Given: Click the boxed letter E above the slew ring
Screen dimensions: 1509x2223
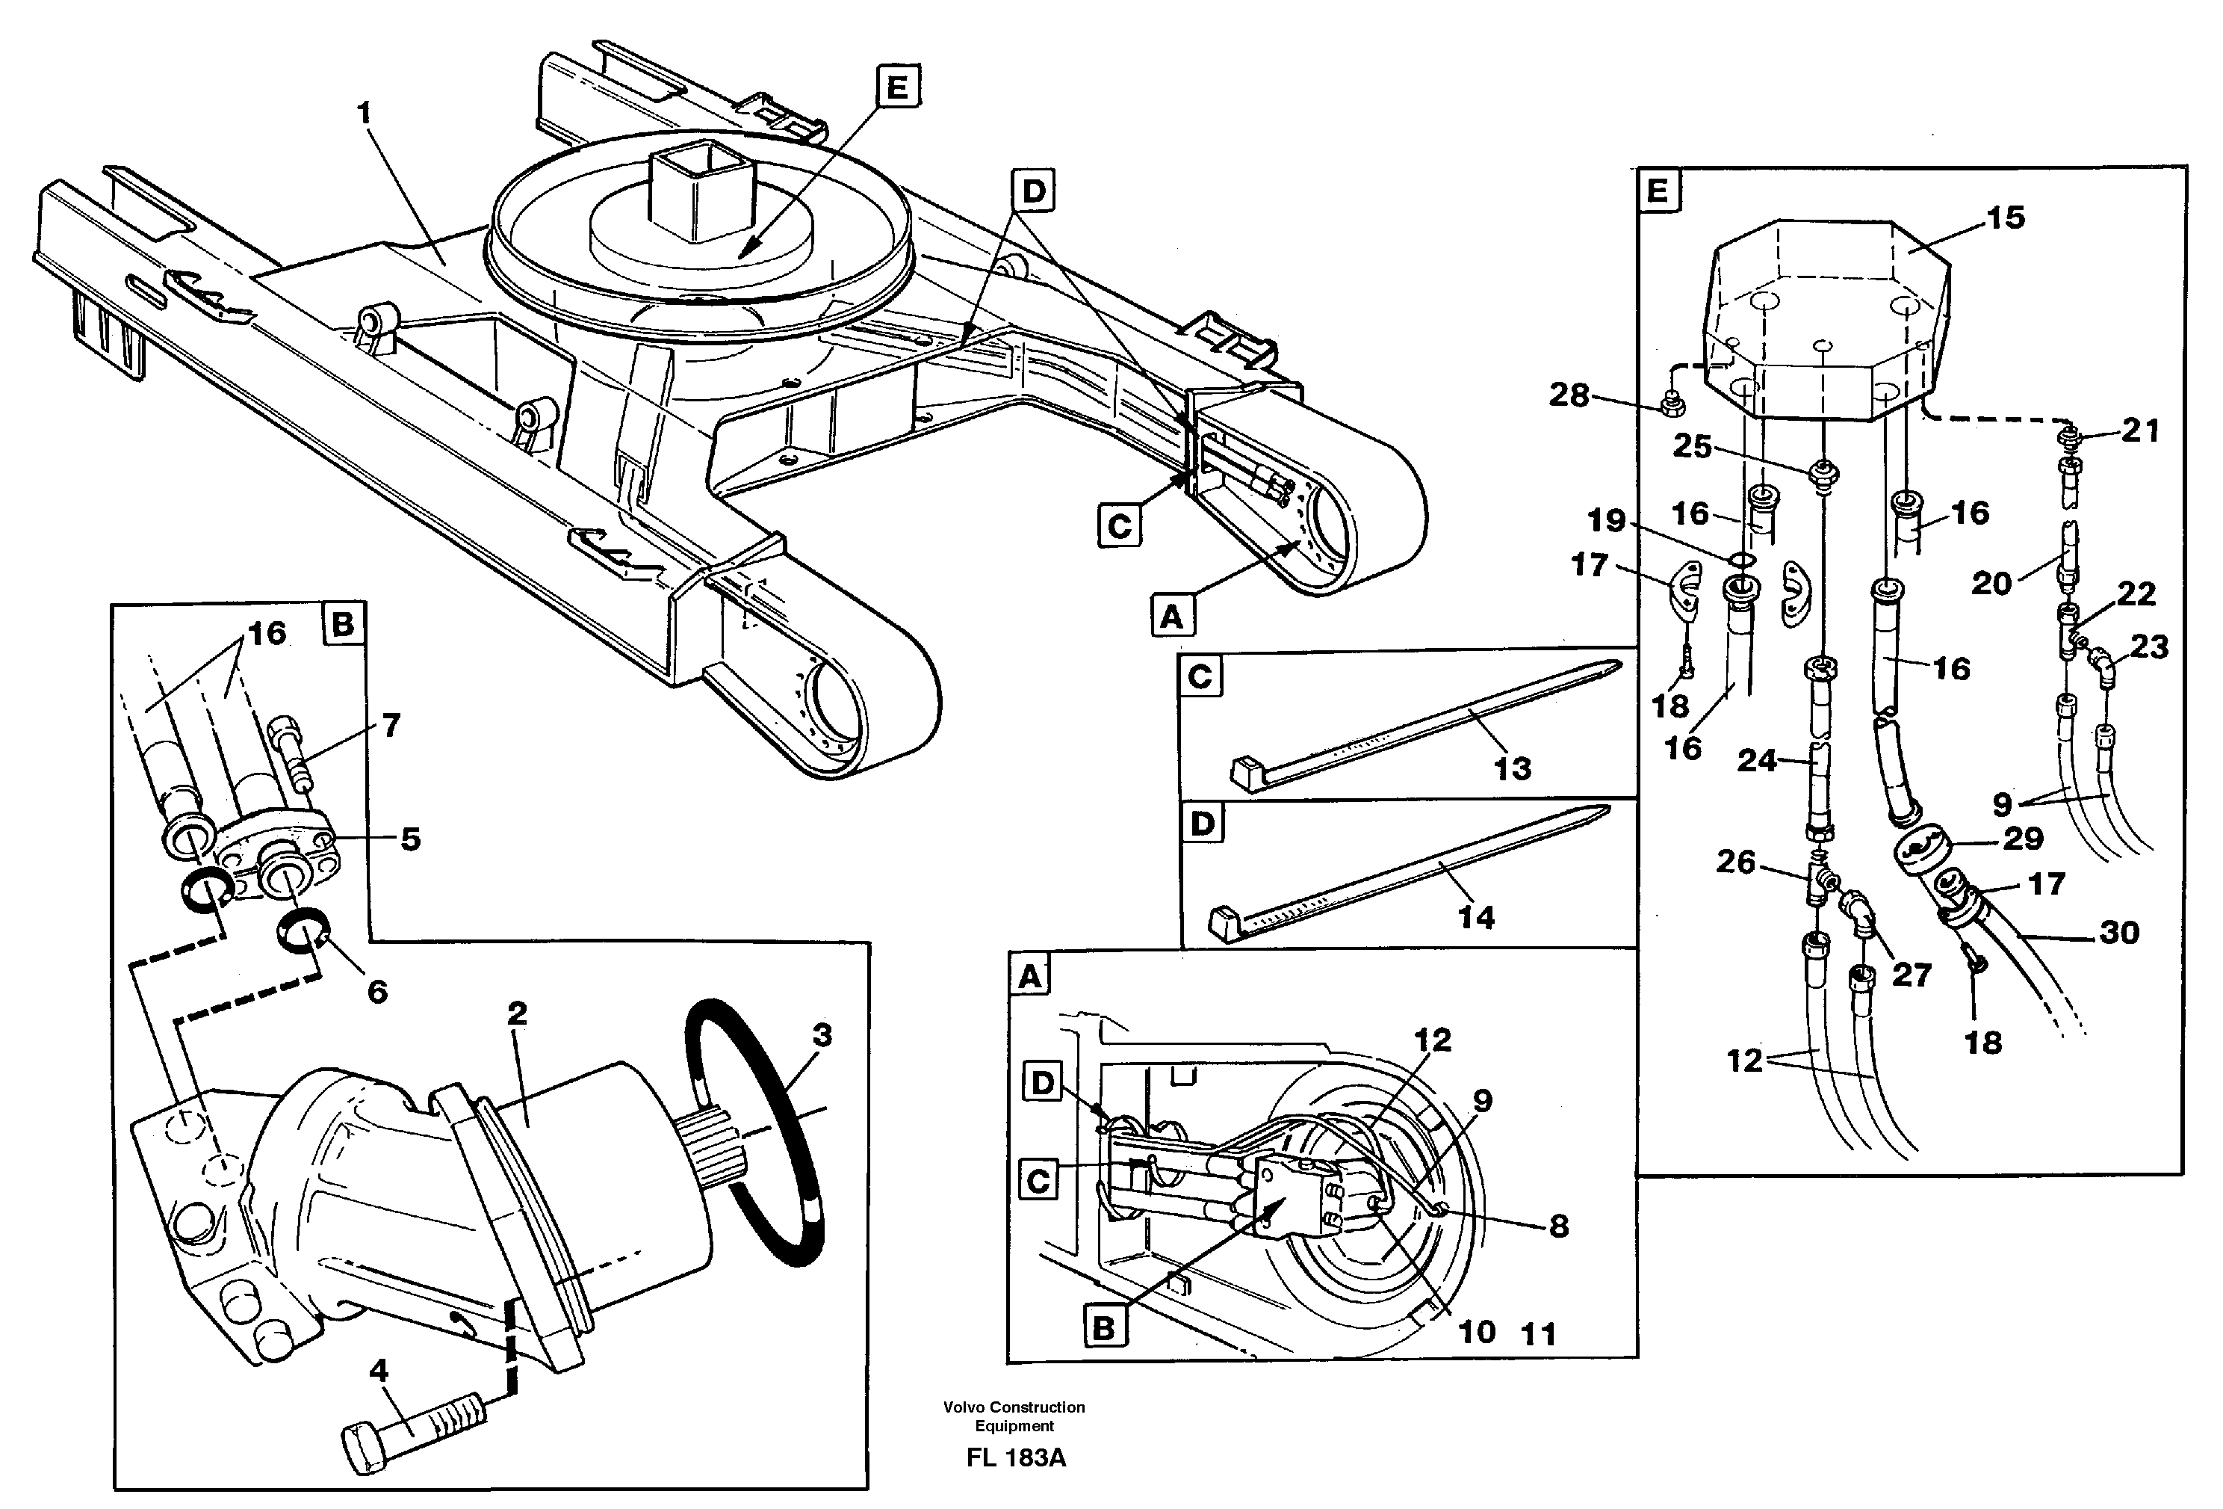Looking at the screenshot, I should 896,87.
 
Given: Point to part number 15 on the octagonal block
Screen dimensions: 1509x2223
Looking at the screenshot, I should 2005,218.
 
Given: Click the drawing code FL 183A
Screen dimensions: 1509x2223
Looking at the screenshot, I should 1015,1458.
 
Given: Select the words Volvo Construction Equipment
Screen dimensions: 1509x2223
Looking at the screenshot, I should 1014,1416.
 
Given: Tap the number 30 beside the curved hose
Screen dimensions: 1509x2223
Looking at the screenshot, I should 2118,932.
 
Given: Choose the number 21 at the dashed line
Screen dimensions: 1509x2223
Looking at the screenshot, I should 2140,431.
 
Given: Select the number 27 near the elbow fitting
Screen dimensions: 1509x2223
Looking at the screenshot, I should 1912,975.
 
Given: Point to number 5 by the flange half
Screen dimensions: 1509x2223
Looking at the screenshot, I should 409,839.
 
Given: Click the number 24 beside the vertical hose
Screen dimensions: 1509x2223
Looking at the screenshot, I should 1756,761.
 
